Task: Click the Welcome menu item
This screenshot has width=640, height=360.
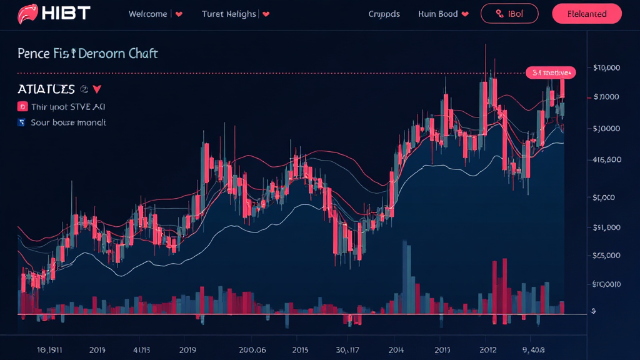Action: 149,14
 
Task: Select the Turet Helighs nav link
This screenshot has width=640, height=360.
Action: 229,14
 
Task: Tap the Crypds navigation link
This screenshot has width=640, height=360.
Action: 384,14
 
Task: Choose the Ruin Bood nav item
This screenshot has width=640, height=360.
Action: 438,14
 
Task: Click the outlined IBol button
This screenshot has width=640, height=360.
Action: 509,14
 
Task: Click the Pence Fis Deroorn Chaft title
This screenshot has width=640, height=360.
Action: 87,54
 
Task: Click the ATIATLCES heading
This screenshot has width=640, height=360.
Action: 46,89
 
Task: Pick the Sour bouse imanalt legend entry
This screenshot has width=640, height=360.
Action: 67,122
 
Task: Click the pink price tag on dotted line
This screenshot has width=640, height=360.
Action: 550,72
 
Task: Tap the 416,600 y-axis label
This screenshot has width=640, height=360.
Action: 607,159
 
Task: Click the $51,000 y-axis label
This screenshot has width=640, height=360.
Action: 606,227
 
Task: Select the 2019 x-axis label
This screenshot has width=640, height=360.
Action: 188,349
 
